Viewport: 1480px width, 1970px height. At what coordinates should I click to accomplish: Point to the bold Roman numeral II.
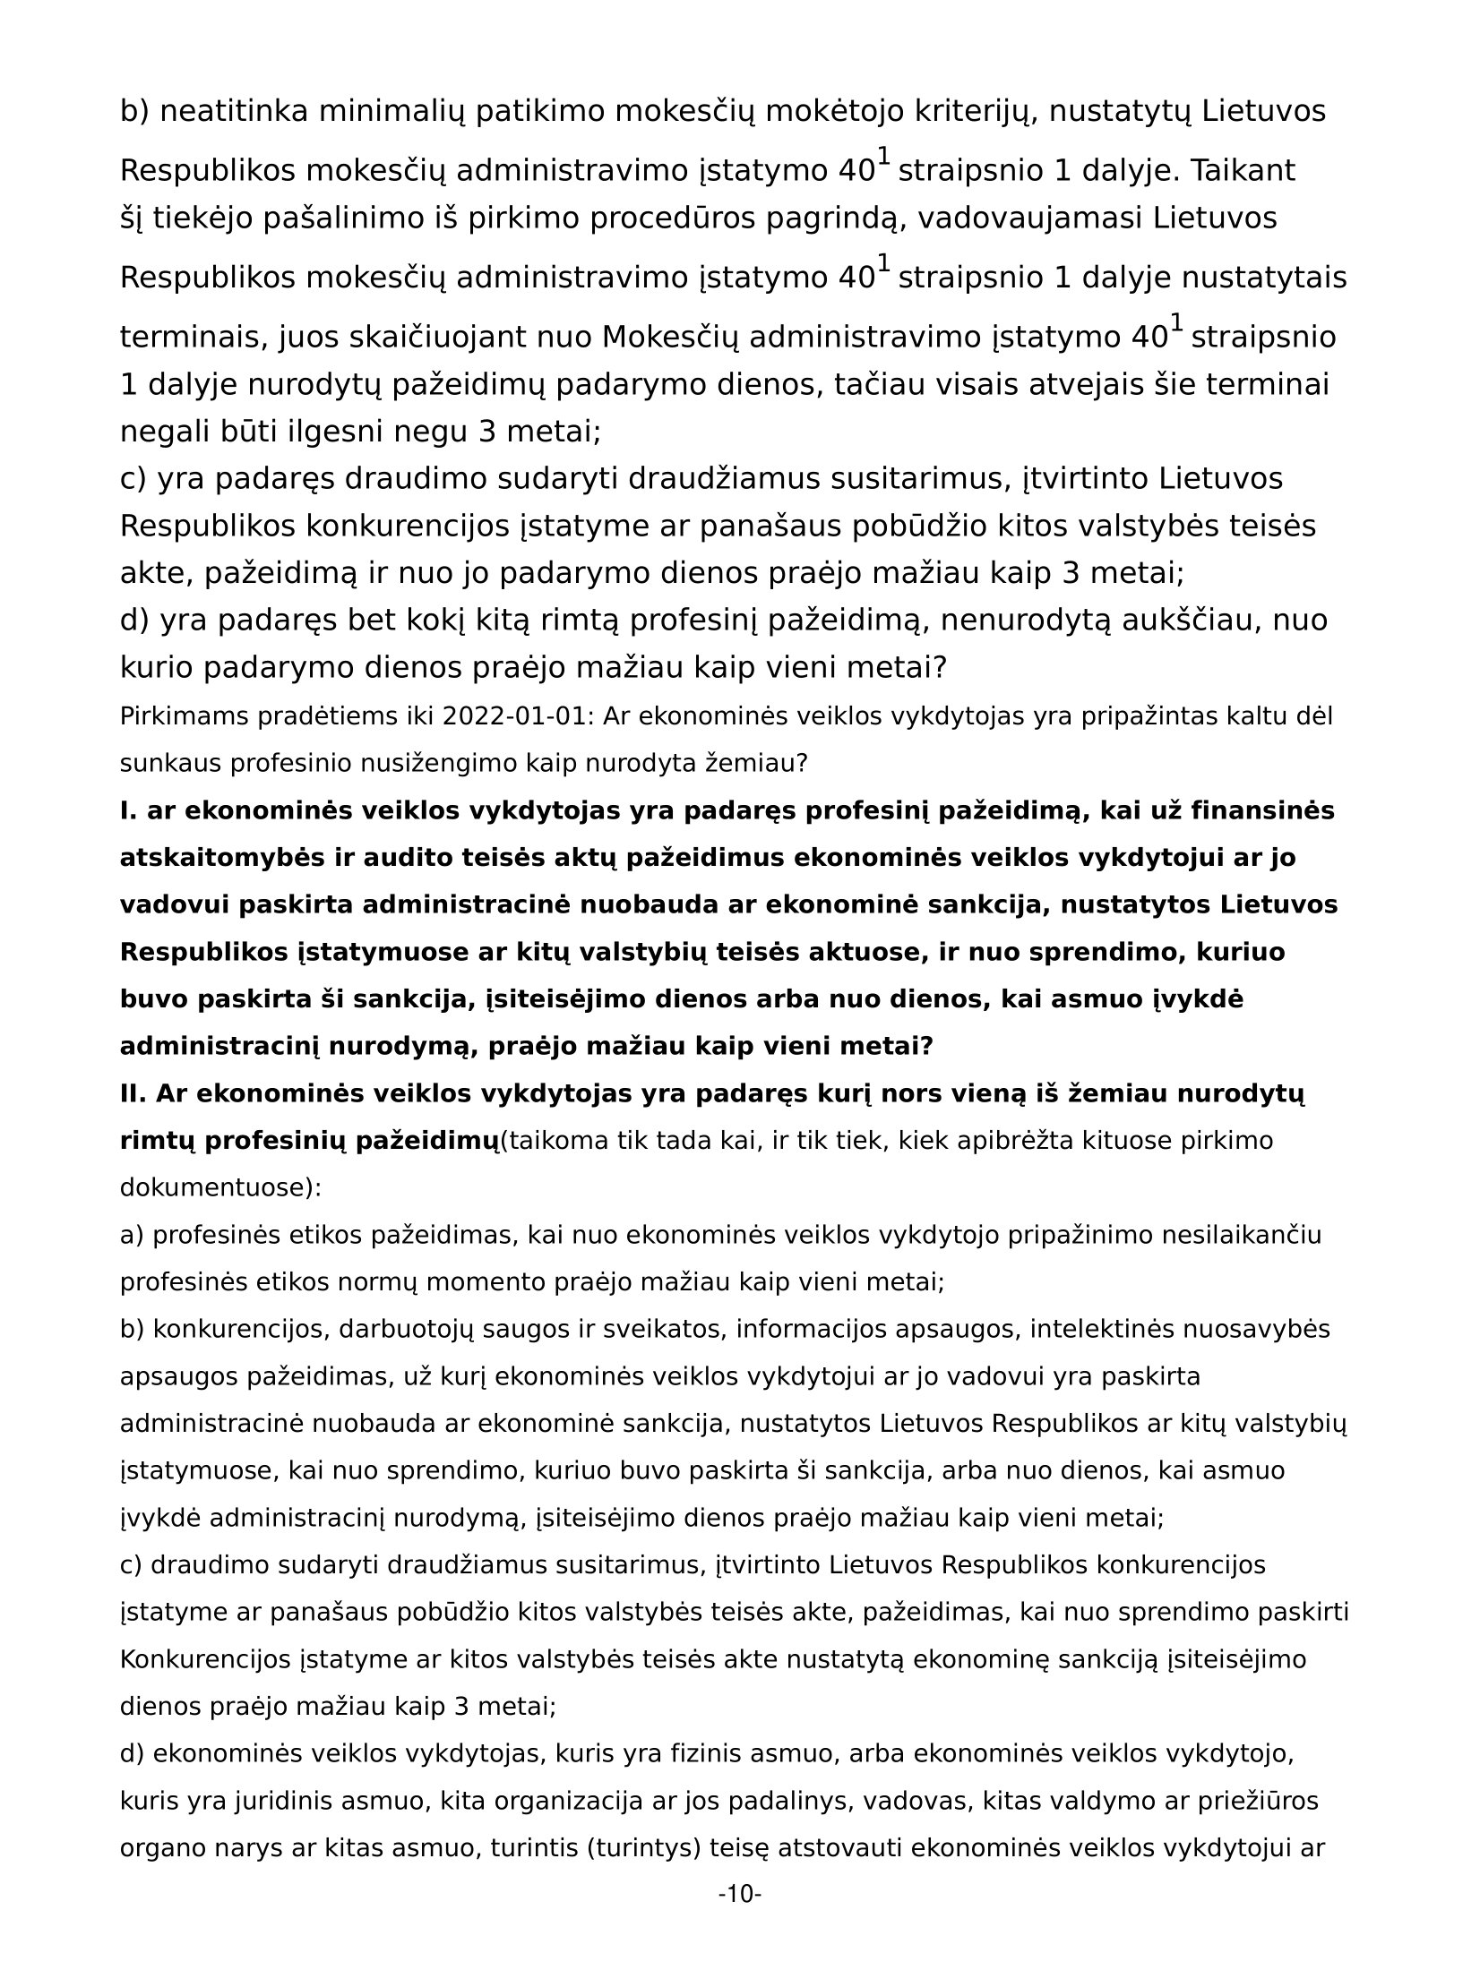(133, 1093)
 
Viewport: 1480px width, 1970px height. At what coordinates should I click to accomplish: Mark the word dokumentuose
(219, 1188)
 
